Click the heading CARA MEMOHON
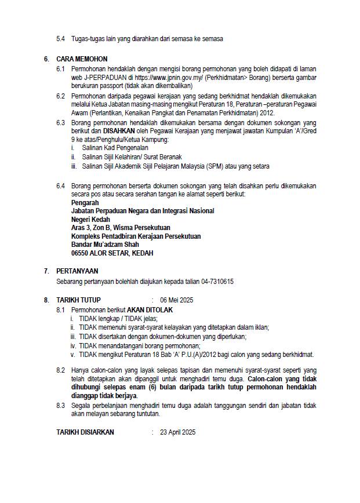point(82,59)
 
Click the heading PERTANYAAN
point(77,271)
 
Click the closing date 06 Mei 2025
point(176,300)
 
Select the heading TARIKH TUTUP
point(78,300)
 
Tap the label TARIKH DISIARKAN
point(85,432)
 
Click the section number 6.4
point(61,185)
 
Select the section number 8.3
point(61,406)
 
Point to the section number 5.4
point(61,39)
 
